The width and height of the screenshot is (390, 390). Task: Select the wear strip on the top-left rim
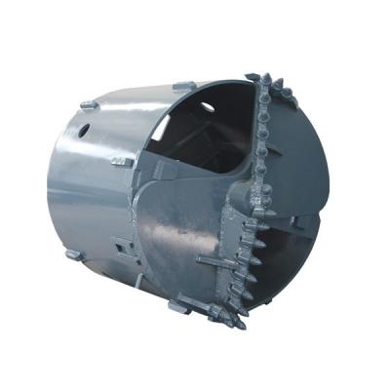88,103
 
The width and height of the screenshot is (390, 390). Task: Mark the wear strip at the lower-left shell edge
73,254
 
